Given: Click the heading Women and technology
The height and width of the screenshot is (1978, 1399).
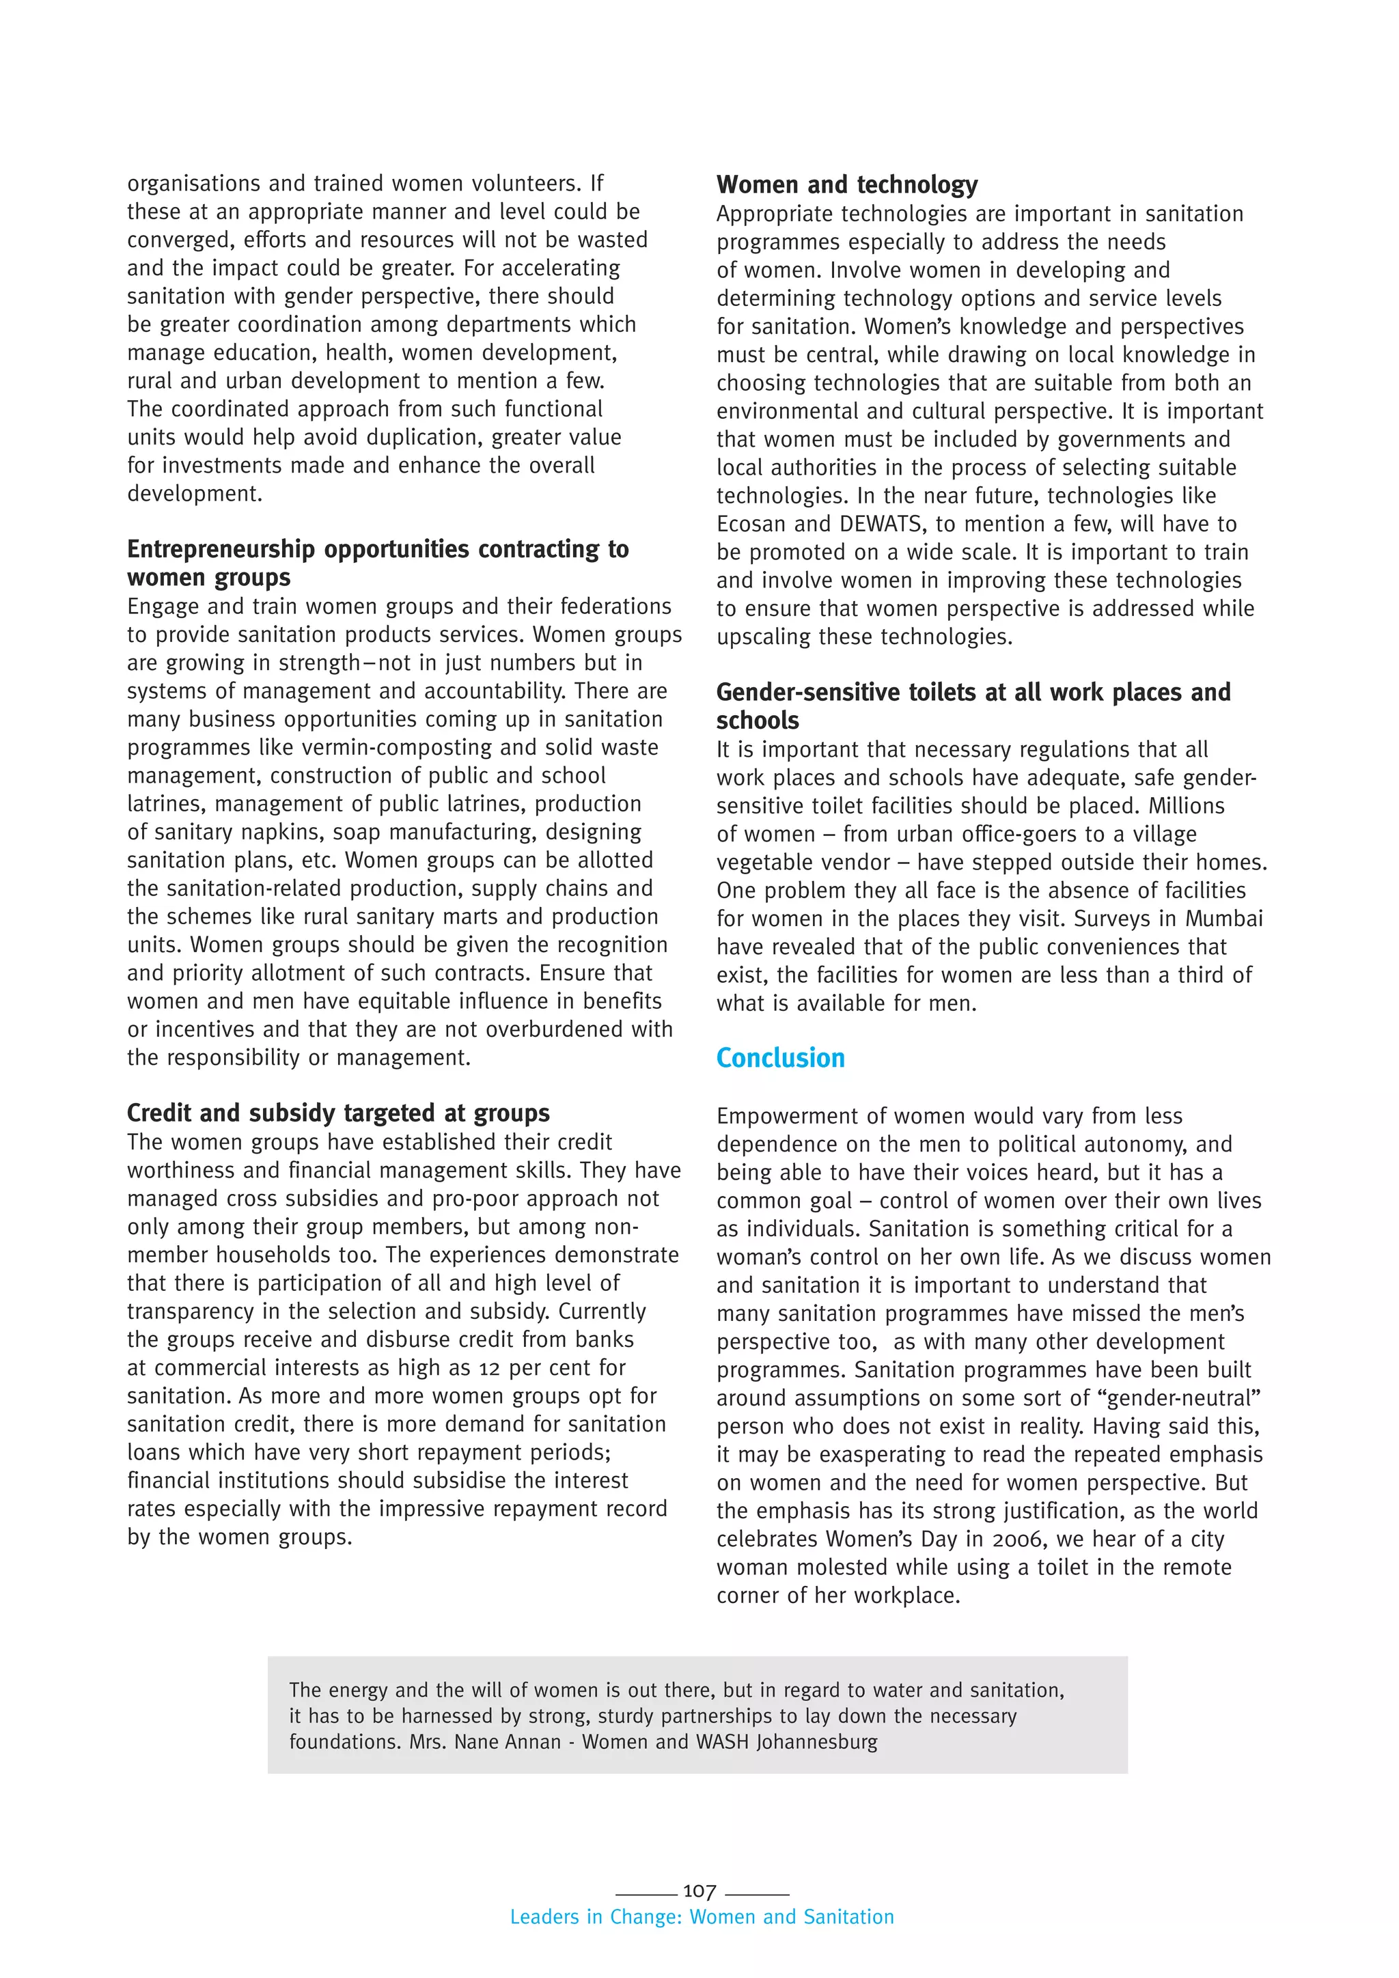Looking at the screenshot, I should point(847,184).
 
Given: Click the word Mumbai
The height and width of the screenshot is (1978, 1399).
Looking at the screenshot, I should point(1223,919).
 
